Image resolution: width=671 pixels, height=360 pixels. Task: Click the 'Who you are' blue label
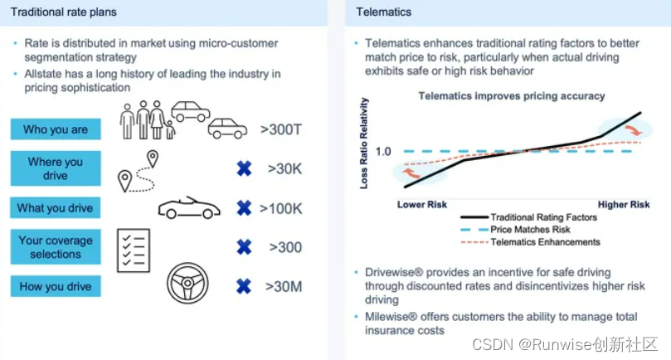(56, 129)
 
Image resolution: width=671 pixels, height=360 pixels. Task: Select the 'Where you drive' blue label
(56, 169)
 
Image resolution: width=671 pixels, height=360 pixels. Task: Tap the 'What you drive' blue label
(56, 208)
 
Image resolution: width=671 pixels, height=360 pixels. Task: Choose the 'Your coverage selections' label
(56, 247)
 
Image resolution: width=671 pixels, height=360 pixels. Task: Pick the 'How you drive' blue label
(56, 287)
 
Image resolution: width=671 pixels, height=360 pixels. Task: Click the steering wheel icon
(187, 285)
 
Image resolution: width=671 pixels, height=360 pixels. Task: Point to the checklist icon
(133, 247)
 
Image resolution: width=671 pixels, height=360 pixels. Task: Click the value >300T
(282, 129)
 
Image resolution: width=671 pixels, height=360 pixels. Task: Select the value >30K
(285, 169)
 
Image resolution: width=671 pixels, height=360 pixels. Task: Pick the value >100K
(281, 208)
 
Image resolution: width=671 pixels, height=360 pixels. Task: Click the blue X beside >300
(244, 247)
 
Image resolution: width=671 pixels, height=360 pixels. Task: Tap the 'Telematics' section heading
(384, 12)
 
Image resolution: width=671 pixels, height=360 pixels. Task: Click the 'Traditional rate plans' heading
(65, 12)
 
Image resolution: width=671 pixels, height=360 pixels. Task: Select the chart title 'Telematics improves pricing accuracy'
(511, 96)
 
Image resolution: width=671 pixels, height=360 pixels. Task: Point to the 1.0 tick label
(382, 152)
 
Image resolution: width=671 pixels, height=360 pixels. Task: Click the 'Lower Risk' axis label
(421, 204)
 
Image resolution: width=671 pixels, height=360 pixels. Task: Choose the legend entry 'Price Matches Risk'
(530, 230)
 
